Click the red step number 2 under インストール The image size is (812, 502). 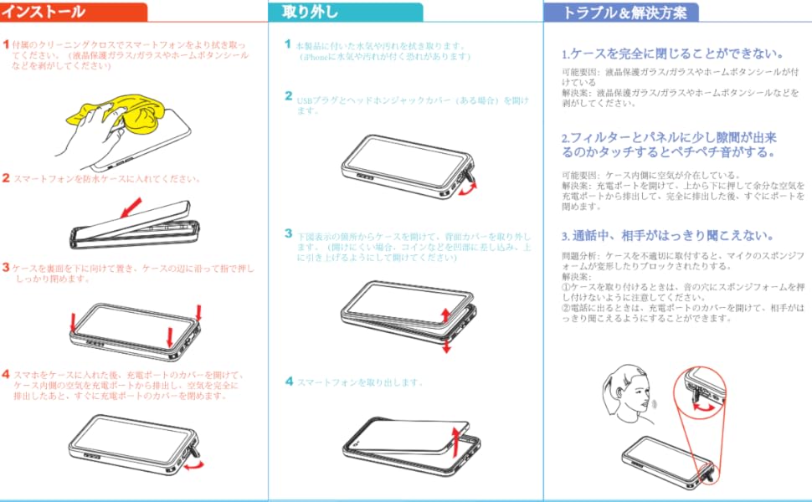(6, 178)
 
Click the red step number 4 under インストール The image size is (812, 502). (6, 374)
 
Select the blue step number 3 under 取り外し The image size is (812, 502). (289, 233)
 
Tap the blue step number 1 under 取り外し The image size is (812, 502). (288, 44)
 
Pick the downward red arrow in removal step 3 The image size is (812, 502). (446, 343)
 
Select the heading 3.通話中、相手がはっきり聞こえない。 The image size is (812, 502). (667, 236)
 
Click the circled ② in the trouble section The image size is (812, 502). (567, 308)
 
